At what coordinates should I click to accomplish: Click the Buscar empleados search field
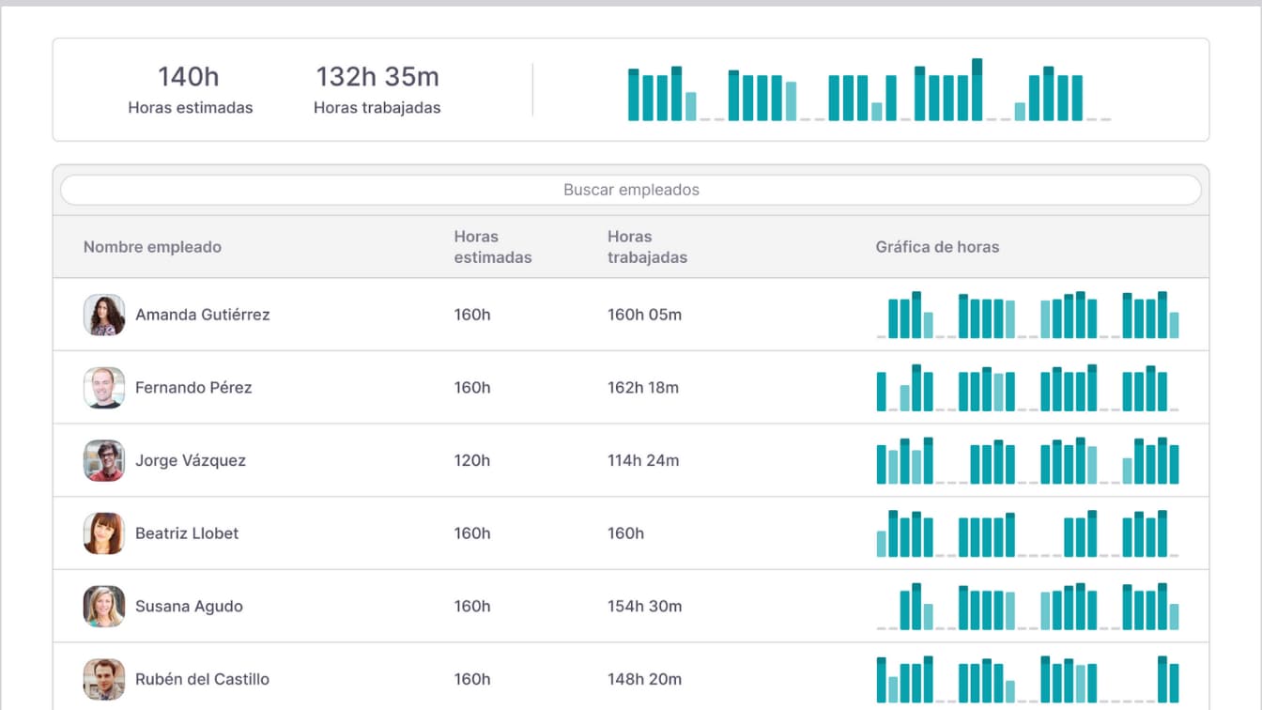(x=631, y=190)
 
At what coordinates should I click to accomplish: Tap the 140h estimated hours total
(x=189, y=77)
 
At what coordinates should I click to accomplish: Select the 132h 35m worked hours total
(x=377, y=77)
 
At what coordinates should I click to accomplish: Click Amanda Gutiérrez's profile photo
(x=104, y=316)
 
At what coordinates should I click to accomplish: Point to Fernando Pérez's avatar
(x=104, y=388)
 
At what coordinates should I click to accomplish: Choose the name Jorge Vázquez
(x=191, y=461)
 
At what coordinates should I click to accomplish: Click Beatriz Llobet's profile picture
(x=104, y=533)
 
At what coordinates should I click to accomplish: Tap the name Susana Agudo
(x=189, y=607)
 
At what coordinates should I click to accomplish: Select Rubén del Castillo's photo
(x=104, y=679)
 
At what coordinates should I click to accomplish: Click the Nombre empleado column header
(x=152, y=247)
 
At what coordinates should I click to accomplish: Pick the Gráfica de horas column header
(x=937, y=247)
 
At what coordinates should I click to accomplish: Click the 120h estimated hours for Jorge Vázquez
(x=472, y=461)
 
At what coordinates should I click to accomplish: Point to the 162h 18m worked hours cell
(x=643, y=388)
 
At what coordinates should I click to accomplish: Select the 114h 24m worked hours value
(x=643, y=461)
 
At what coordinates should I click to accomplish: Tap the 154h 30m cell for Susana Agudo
(x=643, y=607)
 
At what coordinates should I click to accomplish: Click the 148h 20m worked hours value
(x=643, y=679)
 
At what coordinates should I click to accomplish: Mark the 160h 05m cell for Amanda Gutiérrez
(x=644, y=316)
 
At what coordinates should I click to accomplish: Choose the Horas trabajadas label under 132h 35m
(x=377, y=108)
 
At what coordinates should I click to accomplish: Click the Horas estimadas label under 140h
(x=191, y=108)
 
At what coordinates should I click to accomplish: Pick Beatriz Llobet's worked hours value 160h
(x=625, y=533)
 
